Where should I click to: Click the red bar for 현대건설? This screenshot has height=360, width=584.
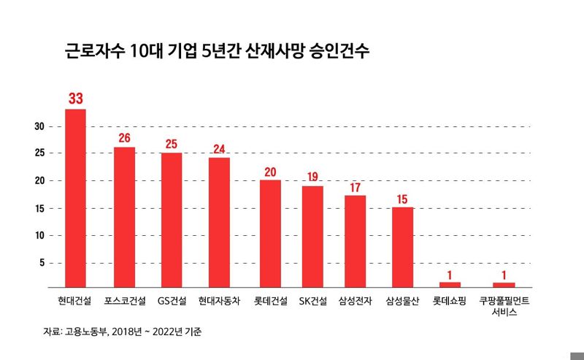tap(76, 197)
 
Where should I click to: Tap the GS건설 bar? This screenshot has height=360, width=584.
tap(172, 219)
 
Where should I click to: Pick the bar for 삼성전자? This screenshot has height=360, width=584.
tap(355, 241)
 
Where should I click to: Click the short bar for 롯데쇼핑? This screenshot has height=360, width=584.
tap(450, 284)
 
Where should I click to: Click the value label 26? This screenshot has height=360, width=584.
tap(124, 137)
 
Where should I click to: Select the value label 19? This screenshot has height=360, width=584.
tap(312, 176)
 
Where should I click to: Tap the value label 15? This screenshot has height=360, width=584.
tap(403, 198)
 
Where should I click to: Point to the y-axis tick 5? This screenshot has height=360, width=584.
tap(42, 263)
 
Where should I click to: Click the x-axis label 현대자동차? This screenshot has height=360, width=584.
tap(219, 301)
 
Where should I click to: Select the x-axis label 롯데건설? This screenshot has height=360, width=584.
tap(270, 301)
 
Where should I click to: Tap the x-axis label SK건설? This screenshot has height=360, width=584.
tap(312, 301)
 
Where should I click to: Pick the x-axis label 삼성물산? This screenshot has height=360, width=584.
tap(403, 301)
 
